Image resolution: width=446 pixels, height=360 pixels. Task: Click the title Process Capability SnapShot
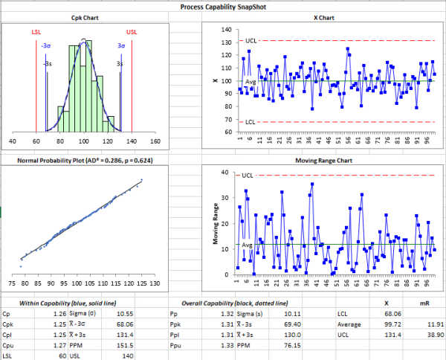pos(223,6)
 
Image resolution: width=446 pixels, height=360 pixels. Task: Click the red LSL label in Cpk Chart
pos(36,32)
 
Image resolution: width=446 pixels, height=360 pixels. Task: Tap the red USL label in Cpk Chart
pos(132,32)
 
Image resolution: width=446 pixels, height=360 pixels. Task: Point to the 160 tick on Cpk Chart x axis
pos(155,140)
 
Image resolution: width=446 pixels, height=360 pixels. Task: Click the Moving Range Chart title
pos(323,161)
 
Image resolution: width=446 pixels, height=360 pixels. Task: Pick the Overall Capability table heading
pos(236,303)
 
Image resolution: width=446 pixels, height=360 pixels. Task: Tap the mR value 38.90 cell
pos(424,335)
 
